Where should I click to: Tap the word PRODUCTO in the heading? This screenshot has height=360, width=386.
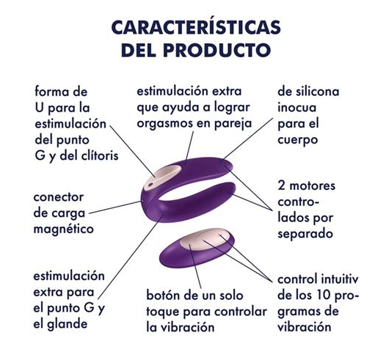pyautogui.click(x=217, y=50)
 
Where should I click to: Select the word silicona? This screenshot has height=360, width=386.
pyautogui.click(x=317, y=92)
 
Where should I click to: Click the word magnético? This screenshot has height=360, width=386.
pyautogui.click(x=64, y=229)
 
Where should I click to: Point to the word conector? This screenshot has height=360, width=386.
pyautogui.click(x=59, y=197)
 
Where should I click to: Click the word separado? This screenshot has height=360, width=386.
pyautogui.click(x=305, y=234)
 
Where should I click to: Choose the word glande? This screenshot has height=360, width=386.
pyautogui.click(x=68, y=324)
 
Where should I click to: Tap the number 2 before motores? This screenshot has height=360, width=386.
pyautogui.click(x=281, y=186)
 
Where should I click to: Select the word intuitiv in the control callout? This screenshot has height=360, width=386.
pyautogui.click(x=340, y=279)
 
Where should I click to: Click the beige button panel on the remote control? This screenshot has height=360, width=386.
pyautogui.click(x=204, y=239)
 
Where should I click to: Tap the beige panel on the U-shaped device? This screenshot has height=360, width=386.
pyautogui.click(x=161, y=177)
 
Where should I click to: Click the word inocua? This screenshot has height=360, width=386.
pyautogui.click(x=297, y=108)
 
